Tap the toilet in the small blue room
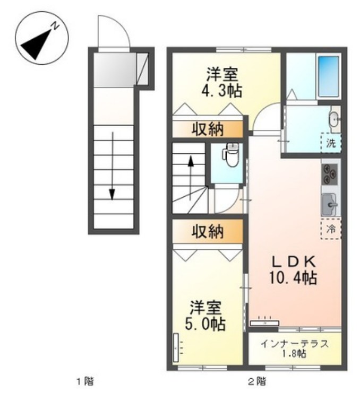pos(231,158)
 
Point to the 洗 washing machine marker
pos(331,142)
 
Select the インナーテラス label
pos(294,343)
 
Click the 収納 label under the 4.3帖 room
pos(207,129)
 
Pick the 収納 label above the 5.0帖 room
pos(207,231)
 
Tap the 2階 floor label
pos(257,380)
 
